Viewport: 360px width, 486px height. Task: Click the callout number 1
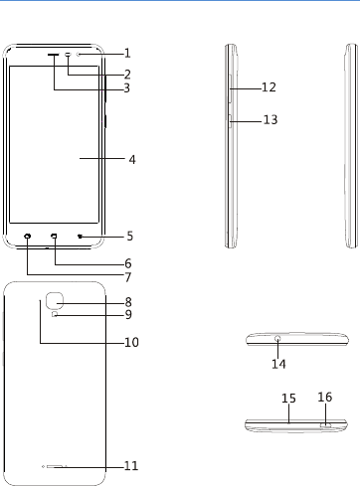[127, 53]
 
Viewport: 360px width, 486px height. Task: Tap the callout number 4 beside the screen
[132, 160]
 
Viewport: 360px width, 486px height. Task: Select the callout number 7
[128, 277]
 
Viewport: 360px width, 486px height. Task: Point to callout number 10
[131, 342]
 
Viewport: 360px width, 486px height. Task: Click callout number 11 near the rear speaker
[131, 466]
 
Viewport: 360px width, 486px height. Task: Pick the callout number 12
[269, 87]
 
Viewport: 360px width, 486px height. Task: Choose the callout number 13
[270, 119]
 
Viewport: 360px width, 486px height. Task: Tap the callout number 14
[278, 364]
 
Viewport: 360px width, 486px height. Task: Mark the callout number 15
[288, 399]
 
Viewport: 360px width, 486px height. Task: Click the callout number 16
[325, 397]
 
